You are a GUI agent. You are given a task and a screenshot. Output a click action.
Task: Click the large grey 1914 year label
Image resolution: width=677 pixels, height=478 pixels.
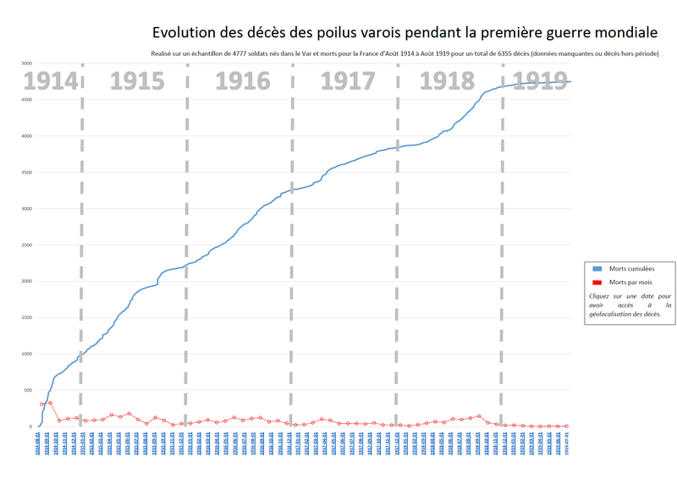click(x=50, y=81)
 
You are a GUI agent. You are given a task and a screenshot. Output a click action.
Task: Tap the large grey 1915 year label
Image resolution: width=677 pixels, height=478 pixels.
click(x=136, y=81)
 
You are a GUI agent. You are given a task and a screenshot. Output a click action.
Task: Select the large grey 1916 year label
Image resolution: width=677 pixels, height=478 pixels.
click(x=243, y=81)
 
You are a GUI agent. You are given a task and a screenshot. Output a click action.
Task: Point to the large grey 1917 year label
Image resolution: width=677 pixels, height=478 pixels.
click(x=348, y=81)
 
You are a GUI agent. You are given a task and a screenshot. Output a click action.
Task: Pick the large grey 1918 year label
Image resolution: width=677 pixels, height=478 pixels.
click(x=449, y=81)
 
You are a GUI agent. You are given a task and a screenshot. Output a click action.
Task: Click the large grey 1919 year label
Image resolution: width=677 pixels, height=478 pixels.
click(x=542, y=81)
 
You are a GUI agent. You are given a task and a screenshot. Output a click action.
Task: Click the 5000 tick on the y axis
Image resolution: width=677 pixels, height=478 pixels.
click(x=26, y=63)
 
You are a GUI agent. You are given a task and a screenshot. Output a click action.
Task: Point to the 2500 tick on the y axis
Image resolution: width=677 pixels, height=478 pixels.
click(x=26, y=245)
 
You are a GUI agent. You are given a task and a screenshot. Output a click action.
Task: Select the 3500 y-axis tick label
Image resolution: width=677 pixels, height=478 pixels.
click(x=26, y=173)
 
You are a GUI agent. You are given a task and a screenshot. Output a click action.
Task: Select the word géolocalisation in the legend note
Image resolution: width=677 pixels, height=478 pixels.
click(x=614, y=314)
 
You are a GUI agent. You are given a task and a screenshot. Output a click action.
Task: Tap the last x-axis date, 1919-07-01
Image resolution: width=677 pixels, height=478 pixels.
click(x=567, y=446)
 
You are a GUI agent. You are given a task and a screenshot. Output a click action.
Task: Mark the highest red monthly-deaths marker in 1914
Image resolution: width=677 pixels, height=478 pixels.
click(x=50, y=403)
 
